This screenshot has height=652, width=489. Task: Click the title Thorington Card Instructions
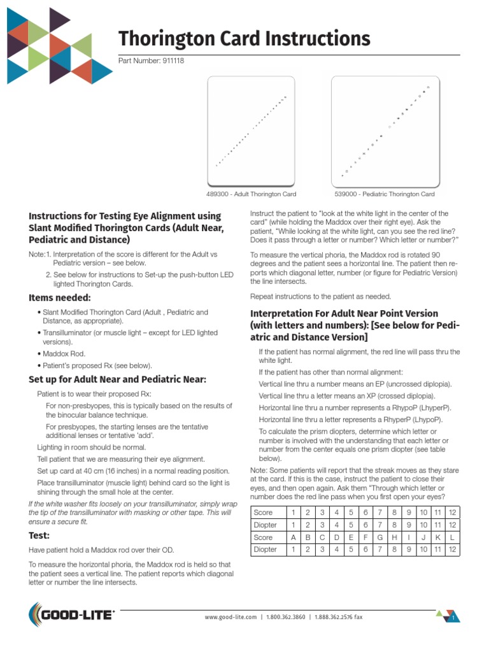(244, 39)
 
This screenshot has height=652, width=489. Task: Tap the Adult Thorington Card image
(251, 131)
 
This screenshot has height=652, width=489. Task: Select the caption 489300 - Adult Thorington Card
(251, 194)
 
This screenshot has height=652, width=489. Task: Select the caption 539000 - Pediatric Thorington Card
(385, 194)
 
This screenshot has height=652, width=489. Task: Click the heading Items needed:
(59, 297)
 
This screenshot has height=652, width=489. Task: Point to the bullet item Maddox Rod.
(64, 353)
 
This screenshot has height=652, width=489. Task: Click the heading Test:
(41, 535)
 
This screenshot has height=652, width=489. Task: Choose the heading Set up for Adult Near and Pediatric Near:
(117, 379)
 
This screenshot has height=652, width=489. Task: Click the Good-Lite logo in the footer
(72, 615)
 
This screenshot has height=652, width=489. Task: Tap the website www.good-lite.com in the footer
(230, 617)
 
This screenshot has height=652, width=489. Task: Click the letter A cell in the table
(293, 537)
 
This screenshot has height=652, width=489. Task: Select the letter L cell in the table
(451, 537)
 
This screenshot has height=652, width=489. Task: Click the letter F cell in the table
(365, 537)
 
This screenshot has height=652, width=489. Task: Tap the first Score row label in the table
(263, 513)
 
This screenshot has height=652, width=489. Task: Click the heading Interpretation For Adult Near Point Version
(344, 314)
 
